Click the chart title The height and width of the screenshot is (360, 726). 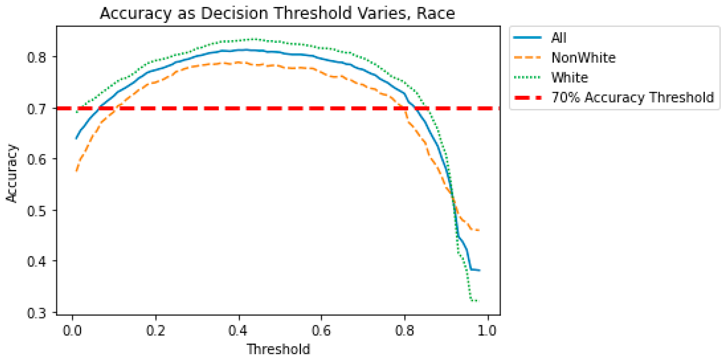(x=277, y=13)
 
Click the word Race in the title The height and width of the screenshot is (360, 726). (x=436, y=13)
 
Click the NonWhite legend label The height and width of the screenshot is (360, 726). (x=583, y=58)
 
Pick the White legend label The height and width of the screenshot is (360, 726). (x=569, y=78)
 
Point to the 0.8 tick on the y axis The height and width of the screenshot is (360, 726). (x=36, y=57)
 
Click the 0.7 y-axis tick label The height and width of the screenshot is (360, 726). (x=36, y=109)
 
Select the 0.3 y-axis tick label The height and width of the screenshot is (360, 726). (x=36, y=313)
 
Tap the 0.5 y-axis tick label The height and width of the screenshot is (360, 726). (x=36, y=211)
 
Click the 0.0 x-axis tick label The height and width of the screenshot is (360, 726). (x=72, y=331)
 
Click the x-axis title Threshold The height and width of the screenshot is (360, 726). (x=279, y=350)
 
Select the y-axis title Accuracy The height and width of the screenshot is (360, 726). (x=12, y=173)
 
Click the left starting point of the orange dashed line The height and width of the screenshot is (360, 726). (x=76, y=171)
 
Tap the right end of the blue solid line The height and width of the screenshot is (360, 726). (x=480, y=270)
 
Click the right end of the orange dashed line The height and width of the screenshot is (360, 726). (x=479, y=230)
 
